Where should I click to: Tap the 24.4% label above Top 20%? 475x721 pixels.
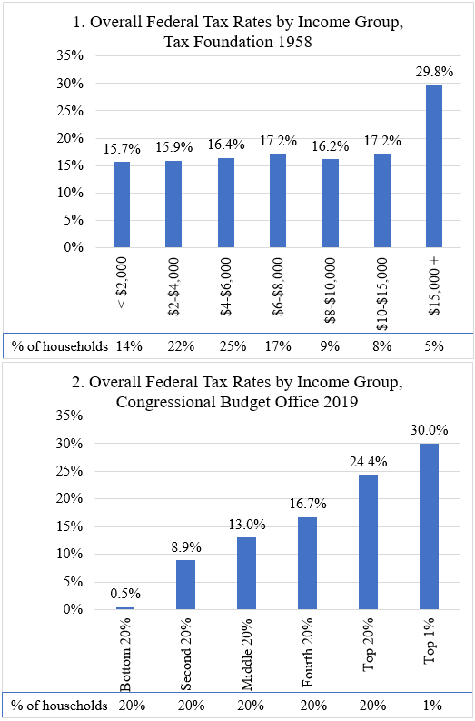369,462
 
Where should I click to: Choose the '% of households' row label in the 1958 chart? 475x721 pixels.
60,345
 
